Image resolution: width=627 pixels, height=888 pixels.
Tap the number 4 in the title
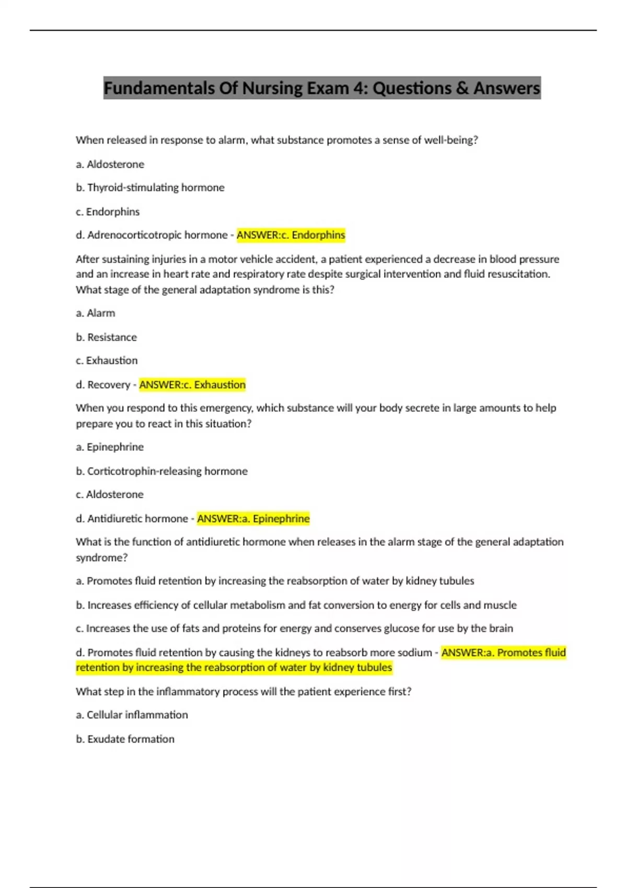click(358, 88)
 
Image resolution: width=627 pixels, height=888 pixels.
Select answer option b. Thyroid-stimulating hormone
click(150, 188)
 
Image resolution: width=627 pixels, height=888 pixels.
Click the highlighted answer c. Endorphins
click(291, 235)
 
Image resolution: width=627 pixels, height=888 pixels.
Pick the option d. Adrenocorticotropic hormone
click(152, 235)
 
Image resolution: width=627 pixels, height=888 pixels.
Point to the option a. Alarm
click(96, 313)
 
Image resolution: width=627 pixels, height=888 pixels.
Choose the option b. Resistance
click(107, 337)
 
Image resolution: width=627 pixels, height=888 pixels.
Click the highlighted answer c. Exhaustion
click(192, 385)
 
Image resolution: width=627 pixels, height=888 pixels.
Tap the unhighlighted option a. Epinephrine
click(110, 447)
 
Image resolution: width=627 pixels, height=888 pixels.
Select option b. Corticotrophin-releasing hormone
click(162, 471)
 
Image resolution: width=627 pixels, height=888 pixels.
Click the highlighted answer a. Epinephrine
click(253, 519)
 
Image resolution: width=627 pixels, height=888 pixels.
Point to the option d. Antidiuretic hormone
click(132, 519)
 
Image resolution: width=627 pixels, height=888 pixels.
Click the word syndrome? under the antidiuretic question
click(102, 558)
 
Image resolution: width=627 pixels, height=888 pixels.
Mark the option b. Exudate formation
click(125, 739)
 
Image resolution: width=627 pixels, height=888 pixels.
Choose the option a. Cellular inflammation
click(132, 715)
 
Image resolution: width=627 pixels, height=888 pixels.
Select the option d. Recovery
click(103, 385)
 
